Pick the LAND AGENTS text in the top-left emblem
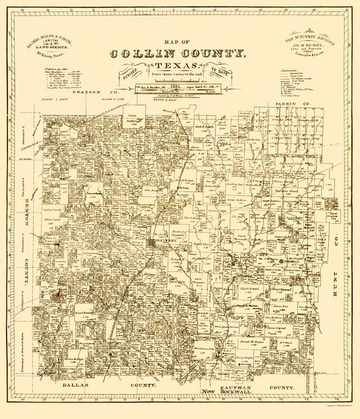coord(52,47)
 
